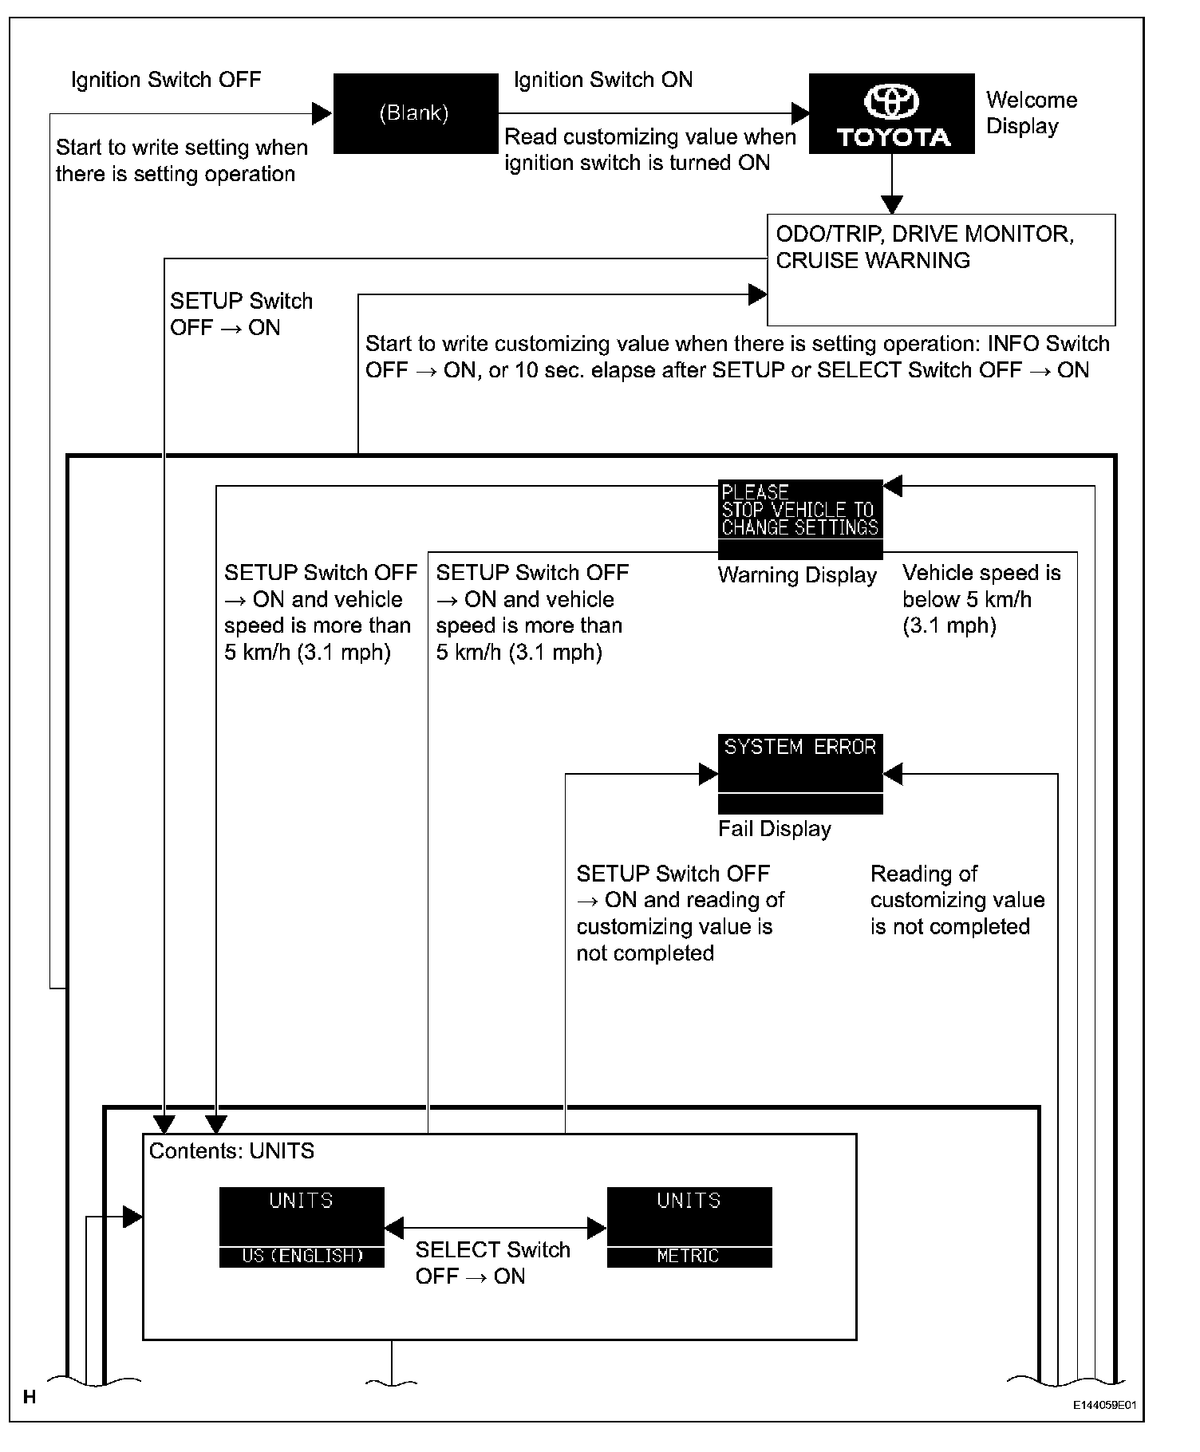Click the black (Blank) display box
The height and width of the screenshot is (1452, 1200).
tap(415, 113)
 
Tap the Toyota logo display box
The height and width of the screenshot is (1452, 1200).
tap(891, 113)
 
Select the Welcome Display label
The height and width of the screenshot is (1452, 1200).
tap(1031, 113)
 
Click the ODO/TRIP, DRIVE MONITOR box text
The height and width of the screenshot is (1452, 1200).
tap(925, 247)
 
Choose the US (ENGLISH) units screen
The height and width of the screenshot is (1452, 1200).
tap(302, 1227)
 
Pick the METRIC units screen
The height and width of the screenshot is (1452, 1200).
tap(689, 1227)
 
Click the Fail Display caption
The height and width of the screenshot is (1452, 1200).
tap(774, 829)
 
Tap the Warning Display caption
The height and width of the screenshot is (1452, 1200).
tap(797, 575)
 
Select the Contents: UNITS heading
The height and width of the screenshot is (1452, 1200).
tap(231, 1151)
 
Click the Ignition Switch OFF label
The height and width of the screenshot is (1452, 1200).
tap(166, 80)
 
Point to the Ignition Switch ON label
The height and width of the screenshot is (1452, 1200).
tap(603, 80)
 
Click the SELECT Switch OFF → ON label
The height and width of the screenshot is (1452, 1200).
tap(492, 1263)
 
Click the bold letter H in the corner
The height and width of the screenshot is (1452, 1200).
tap(30, 1397)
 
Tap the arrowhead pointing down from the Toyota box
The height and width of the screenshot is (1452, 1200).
tap(891, 204)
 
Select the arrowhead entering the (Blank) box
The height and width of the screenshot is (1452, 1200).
tap(322, 113)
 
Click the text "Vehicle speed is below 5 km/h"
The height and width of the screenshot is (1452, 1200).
tap(981, 599)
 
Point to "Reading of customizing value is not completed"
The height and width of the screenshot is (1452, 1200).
tap(957, 900)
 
